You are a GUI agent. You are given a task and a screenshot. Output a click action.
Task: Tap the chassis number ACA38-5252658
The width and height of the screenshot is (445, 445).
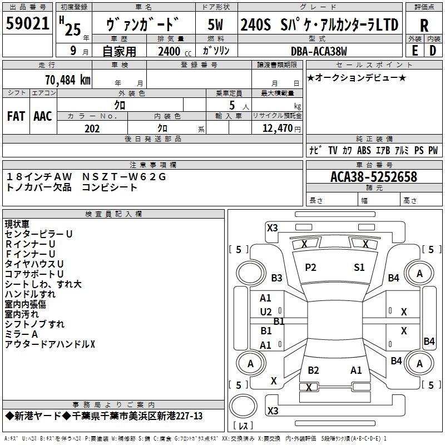374,177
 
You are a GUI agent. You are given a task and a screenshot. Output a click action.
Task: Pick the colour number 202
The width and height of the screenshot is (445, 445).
92,128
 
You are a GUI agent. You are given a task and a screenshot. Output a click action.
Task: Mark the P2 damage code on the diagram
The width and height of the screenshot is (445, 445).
310,268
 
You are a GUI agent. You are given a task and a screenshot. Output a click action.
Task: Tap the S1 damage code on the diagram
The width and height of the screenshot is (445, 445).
359,268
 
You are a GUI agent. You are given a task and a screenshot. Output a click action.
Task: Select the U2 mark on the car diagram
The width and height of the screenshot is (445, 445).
266,311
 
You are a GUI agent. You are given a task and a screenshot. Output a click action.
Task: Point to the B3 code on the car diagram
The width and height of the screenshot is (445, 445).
276,278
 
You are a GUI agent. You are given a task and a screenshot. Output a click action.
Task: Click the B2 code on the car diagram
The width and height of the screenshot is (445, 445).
313,370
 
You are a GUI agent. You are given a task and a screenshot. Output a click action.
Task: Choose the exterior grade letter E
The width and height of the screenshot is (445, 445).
414,51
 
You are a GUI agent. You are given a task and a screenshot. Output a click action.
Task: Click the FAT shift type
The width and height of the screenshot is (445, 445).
16,116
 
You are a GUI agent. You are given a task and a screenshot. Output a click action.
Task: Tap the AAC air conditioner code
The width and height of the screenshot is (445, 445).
42,116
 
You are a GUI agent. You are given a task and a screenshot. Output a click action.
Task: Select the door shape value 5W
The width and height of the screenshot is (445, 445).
215,24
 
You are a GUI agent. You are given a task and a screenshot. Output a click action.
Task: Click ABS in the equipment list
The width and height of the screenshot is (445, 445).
364,150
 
